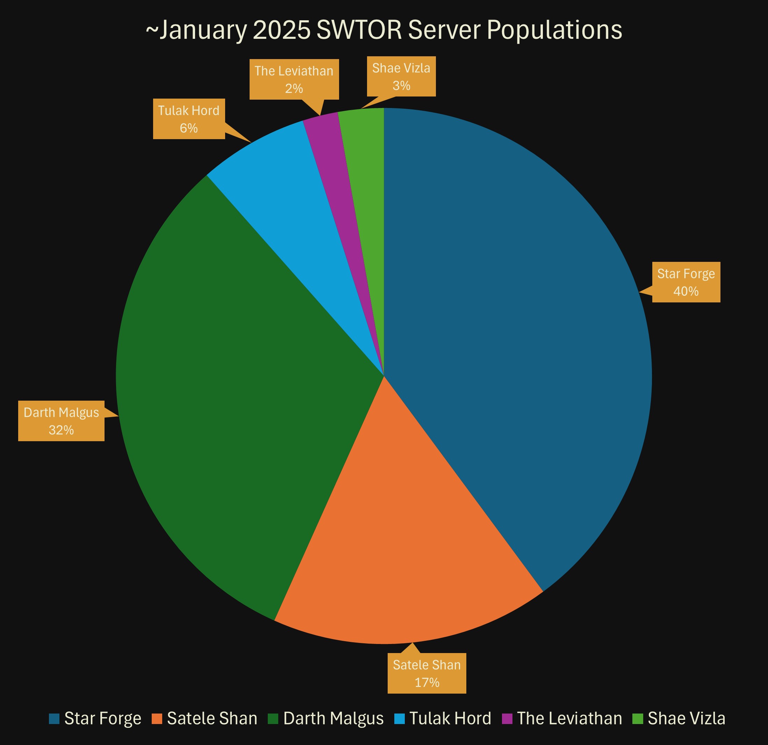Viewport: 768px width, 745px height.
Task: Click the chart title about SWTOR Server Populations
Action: (384, 30)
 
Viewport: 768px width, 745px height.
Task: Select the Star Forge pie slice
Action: (509, 314)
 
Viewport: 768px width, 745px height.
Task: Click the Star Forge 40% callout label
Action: (686, 282)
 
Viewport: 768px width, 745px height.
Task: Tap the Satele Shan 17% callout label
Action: (427, 673)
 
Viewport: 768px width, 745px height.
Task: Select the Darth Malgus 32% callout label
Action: (61, 421)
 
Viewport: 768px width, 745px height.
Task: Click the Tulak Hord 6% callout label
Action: (188, 119)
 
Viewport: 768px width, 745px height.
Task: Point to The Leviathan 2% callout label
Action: (294, 79)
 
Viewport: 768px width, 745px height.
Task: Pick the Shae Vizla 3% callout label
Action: (401, 77)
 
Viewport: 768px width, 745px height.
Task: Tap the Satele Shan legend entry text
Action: (212, 718)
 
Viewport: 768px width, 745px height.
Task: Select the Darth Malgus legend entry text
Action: (333, 718)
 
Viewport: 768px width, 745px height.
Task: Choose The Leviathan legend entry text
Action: (569, 718)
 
